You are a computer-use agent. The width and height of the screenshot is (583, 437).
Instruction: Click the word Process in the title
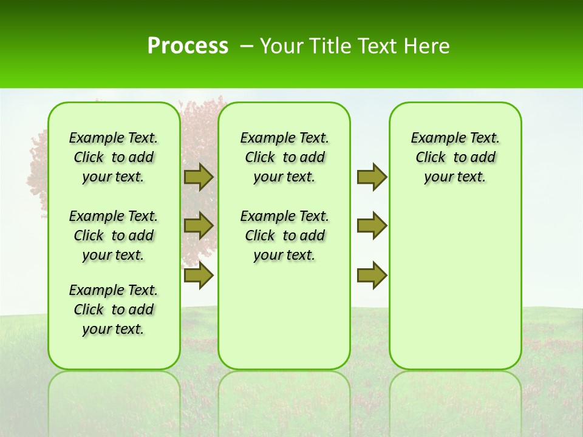click(x=188, y=46)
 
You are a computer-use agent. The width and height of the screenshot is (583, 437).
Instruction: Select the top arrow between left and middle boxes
click(x=199, y=177)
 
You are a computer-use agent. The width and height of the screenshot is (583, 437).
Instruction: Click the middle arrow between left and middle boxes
click(x=199, y=226)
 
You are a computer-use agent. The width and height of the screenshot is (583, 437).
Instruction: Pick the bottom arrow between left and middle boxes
click(x=199, y=276)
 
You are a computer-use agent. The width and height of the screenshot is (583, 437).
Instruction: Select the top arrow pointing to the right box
click(x=372, y=177)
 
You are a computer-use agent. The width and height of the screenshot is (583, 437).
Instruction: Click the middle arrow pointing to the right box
click(x=372, y=226)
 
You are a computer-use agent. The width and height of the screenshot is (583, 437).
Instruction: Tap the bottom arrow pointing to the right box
click(x=372, y=276)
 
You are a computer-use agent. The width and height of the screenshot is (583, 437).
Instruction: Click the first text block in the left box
click(x=114, y=157)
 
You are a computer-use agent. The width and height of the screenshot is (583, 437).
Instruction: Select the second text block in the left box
click(x=114, y=235)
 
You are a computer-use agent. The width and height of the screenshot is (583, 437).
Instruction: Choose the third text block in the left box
click(x=114, y=310)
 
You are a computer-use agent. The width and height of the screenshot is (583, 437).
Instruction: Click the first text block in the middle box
click(x=284, y=157)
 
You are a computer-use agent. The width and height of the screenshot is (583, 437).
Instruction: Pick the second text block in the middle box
click(x=284, y=235)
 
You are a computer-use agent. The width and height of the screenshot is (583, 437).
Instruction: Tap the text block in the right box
click(x=455, y=157)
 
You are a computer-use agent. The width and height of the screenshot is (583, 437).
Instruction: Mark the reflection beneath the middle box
click(x=284, y=401)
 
